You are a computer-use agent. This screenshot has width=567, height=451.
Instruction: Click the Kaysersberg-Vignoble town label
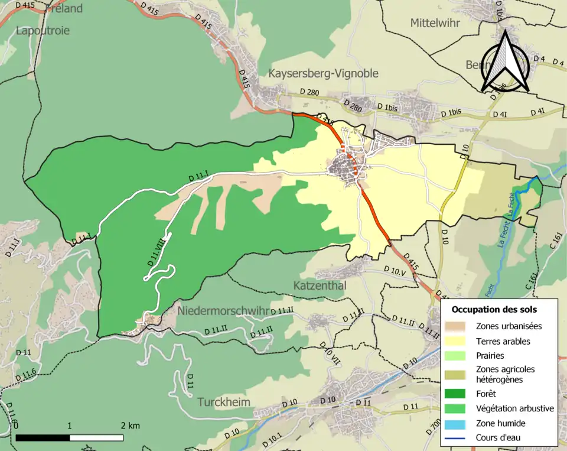[x=323, y=73]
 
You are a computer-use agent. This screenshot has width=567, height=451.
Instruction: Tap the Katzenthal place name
[x=320, y=285]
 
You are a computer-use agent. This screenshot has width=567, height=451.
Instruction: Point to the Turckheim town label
[x=224, y=402]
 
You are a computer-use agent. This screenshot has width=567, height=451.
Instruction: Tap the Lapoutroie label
[x=43, y=30]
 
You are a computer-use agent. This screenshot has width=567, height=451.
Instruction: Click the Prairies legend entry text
[x=490, y=356]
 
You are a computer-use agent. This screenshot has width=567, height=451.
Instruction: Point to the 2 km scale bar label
[x=130, y=426]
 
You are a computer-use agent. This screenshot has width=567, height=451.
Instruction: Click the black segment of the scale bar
[x=43, y=438]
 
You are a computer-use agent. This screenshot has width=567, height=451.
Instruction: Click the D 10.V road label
[x=394, y=272]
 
